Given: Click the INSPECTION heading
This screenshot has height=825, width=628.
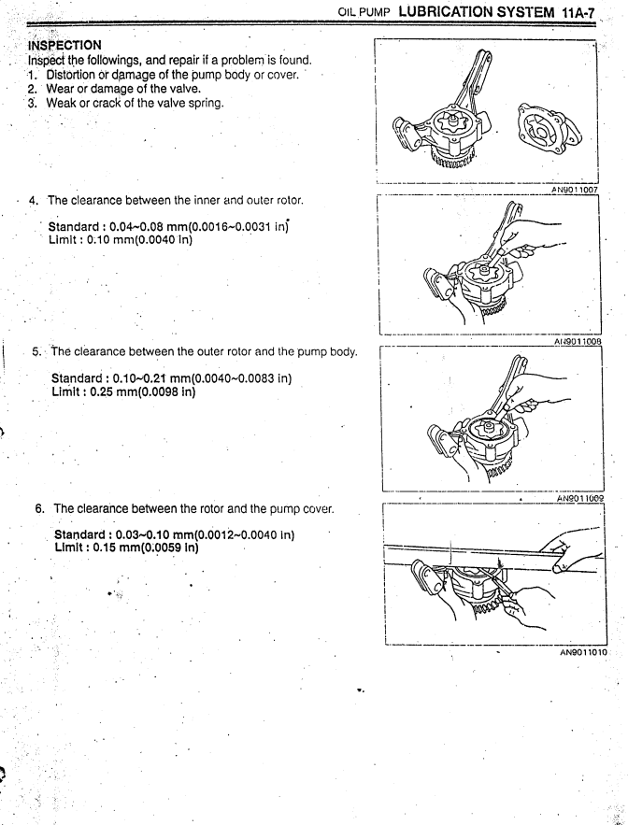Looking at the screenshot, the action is click(64, 45).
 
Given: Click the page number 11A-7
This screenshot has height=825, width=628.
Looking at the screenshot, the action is click(578, 13).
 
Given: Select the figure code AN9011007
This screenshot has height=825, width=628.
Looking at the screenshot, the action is click(575, 190).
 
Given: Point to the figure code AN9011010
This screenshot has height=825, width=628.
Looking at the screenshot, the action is click(583, 652).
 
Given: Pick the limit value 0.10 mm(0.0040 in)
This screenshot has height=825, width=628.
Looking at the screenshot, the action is click(139, 240).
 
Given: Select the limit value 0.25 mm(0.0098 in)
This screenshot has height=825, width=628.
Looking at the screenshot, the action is click(143, 391).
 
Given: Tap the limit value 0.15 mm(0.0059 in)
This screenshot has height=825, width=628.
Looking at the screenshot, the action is click(146, 548).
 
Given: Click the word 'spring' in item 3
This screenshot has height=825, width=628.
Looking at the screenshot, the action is click(206, 103).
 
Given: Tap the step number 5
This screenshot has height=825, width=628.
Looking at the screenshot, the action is click(36, 351).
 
